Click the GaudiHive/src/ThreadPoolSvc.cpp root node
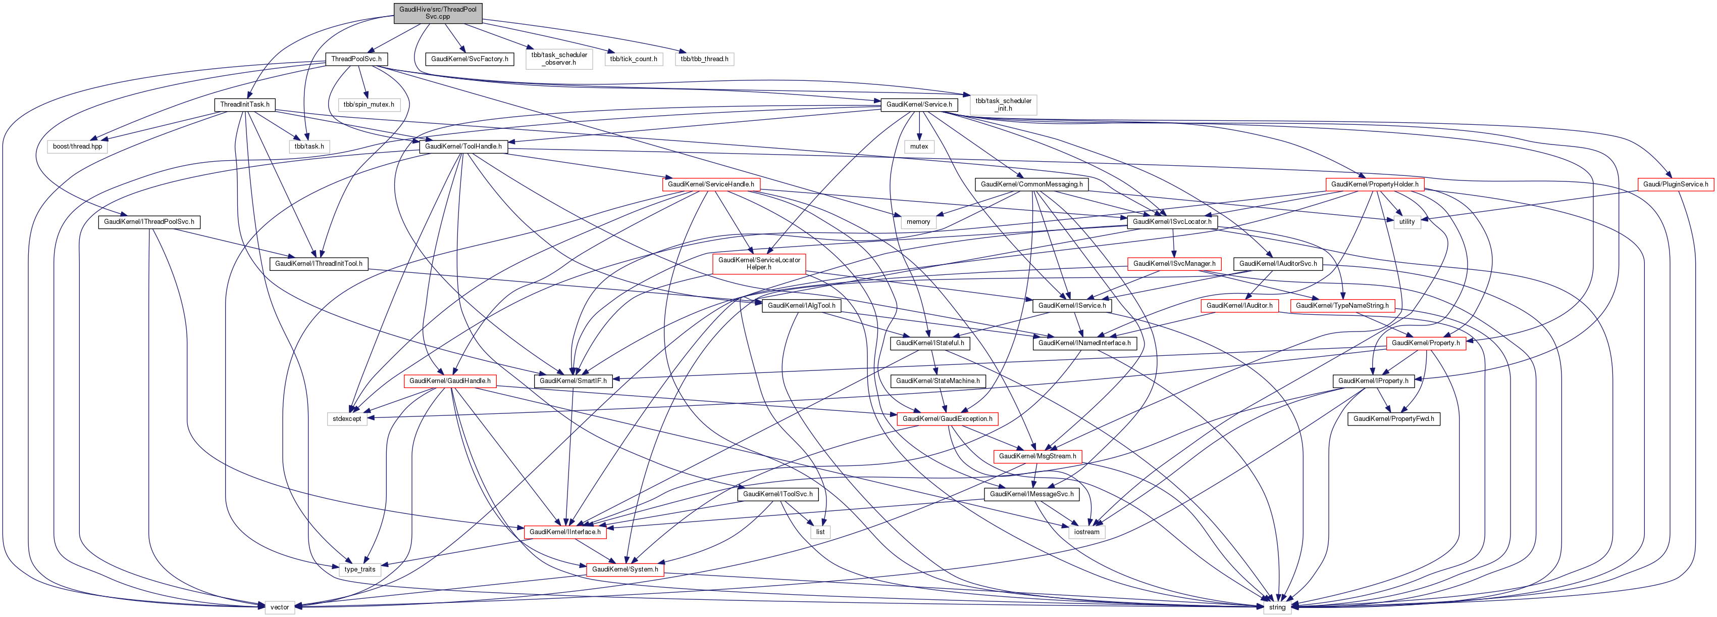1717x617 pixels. (x=437, y=13)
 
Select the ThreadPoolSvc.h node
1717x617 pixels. (x=356, y=59)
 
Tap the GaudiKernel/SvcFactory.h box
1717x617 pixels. (x=469, y=59)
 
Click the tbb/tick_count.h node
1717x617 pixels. (x=633, y=59)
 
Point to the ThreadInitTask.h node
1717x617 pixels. (x=245, y=104)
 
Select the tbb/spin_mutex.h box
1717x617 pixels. (x=369, y=104)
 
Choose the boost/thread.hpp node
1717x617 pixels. (x=77, y=146)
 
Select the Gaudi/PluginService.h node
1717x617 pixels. (x=1675, y=184)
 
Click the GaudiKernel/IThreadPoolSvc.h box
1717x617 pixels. (x=149, y=221)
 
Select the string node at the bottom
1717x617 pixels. (x=1276, y=607)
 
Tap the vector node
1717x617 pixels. (x=279, y=607)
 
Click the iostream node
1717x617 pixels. (x=1086, y=532)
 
